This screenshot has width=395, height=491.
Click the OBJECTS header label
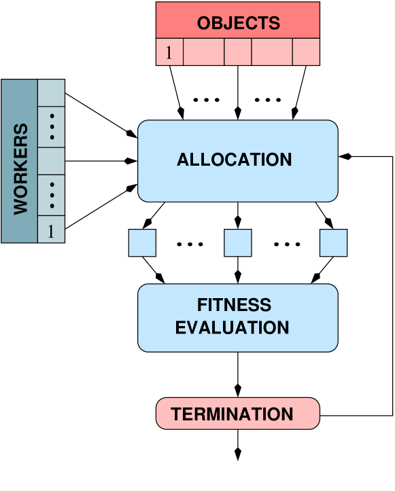238,23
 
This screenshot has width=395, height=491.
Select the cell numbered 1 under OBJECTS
169,52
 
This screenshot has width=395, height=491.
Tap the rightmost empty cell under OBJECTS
306,52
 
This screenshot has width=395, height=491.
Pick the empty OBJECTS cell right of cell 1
203,52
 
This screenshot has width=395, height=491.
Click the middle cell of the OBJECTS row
238,52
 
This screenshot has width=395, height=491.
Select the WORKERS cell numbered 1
51,230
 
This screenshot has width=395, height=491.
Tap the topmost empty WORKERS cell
51,93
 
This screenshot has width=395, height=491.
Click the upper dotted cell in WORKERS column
51,127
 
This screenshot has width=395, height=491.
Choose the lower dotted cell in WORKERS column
51,196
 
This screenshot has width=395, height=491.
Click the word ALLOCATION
234,160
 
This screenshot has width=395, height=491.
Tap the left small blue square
142,243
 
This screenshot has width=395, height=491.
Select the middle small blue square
238,243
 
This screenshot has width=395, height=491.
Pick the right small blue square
333,243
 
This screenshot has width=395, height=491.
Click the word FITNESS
234,305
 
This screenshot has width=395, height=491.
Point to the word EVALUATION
232,328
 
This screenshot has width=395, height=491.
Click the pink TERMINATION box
237,414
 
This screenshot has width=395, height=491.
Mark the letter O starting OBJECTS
204,23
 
